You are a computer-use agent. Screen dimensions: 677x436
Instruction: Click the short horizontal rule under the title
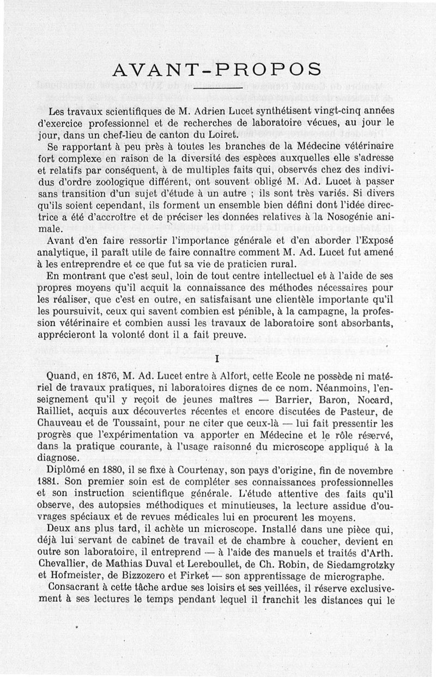tap(217, 88)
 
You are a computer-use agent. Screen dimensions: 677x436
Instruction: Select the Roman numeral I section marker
tap(217, 359)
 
